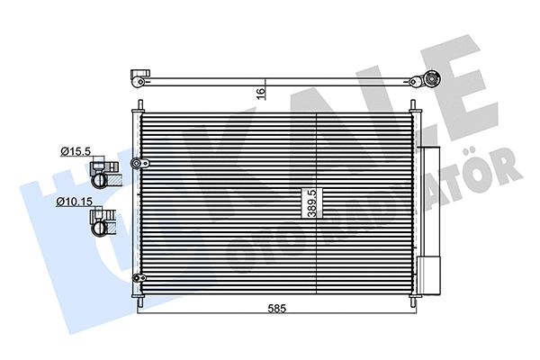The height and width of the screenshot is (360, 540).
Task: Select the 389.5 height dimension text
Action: click(311, 204)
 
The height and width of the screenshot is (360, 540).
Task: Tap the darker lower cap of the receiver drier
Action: click(429, 274)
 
